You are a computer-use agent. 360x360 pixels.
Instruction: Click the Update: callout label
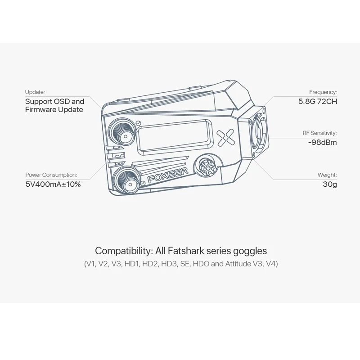pyautogui.click(x=35, y=92)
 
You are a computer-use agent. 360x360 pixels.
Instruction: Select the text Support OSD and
pyautogui.click(x=54, y=102)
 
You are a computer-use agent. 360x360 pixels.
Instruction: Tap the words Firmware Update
pyautogui.click(x=54, y=109)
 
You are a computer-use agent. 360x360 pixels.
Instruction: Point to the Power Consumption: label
pyautogui.click(x=51, y=175)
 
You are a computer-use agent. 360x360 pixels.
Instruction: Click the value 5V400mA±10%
pyautogui.click(x=53, y=184)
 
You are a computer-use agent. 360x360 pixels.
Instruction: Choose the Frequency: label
pyautogui.click(x=323, y=92)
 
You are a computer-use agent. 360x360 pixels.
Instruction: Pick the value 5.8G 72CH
pyautogui.click(x=318, y=102)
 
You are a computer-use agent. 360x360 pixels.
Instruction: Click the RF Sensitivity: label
pyautogui.click(x=319, y=133)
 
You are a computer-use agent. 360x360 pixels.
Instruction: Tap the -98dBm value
pyautogui.click(x=322, y=142)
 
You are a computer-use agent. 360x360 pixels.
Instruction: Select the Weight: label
pyautogui.click(x=327, y=175)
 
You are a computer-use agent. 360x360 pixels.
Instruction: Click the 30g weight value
pyautogui.click(x=330, y=184)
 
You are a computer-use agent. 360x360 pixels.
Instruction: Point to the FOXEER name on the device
pyautogui.click(x=168, y=175)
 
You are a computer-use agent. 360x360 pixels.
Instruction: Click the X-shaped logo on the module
pyautogui.click(x=226, y=138)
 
